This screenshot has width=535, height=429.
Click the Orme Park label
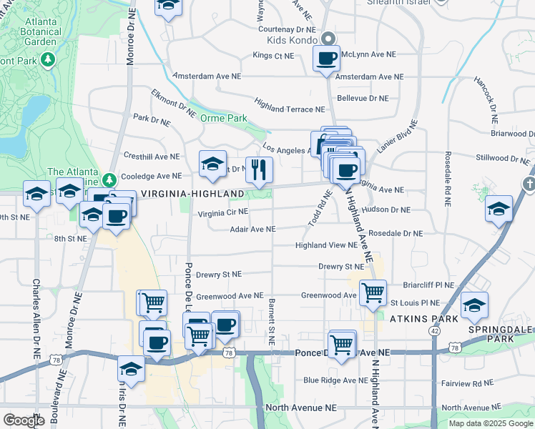tap(223, 118)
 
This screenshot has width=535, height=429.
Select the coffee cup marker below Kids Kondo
tap(327, 59)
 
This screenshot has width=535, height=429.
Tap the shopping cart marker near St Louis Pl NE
tap(373, 292)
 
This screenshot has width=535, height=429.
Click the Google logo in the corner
tap(24, 420)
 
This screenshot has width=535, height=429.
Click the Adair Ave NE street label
tap(252, 230)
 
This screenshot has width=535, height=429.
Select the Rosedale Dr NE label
tap(396, 233)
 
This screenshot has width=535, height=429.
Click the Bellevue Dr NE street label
tap(363, 98)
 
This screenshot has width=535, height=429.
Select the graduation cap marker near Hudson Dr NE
tap(499, 209)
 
